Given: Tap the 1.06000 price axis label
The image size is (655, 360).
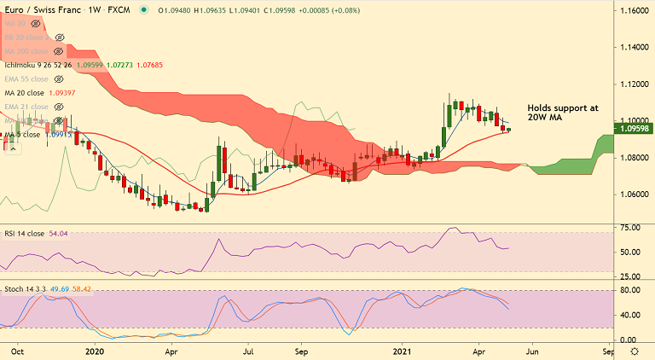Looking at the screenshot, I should point(632,194).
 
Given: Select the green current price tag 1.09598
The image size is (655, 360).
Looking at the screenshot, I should point(633,129).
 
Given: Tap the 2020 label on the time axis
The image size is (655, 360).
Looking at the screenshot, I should point(95,351).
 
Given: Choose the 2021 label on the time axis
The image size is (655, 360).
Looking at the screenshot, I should point(403,351).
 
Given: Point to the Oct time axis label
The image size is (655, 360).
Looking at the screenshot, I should point(17,351).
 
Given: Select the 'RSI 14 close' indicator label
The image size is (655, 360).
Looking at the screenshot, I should point(25,233).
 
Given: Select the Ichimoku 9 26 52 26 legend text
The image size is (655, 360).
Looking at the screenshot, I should point(38,65).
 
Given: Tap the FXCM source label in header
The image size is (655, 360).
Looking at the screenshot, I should point(119,10).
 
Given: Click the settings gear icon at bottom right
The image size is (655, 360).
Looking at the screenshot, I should point(633,351).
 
